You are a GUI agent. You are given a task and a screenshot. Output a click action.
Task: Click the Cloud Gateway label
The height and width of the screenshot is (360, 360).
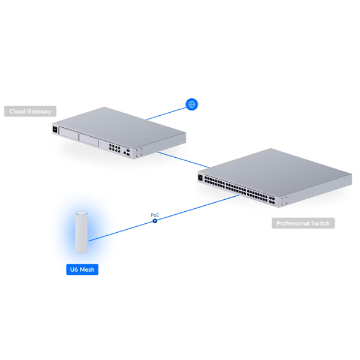(x=30, y=112)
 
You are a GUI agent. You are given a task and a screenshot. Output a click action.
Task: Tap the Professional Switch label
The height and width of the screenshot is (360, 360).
(x=303, y=223)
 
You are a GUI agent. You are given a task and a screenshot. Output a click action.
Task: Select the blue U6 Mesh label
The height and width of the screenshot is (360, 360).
(x=82, y=269)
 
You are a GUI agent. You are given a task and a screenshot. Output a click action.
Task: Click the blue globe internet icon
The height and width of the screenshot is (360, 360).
(x=192, y=104)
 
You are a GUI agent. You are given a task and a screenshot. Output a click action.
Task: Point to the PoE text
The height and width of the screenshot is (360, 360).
(x=155, y=215)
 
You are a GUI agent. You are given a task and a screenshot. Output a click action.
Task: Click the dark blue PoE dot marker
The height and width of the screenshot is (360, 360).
(x=155, y=221)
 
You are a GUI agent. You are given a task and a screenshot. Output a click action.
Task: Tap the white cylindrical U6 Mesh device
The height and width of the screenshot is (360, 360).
(x=82, y=233)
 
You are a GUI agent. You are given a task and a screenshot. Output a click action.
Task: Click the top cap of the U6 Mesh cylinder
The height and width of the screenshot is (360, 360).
(x=82, y=214)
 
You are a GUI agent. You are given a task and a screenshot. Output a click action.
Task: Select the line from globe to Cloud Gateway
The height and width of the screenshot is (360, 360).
(x=166, y=113)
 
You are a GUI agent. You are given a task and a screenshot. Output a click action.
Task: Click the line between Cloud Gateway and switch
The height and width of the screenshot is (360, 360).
(x=183, y=160)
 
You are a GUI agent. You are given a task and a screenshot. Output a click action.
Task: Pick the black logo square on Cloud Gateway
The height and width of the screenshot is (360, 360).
(x=55, y=129)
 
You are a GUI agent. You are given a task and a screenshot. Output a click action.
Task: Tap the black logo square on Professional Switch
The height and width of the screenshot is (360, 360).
(x=200, y=178)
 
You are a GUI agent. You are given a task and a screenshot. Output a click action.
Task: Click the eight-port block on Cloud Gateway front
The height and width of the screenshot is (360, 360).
(x=115, y=148)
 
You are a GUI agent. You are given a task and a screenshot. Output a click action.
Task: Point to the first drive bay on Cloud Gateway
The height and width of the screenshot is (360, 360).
(x=68, y=133)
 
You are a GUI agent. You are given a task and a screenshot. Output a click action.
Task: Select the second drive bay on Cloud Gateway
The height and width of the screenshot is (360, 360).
(x=89, y=140)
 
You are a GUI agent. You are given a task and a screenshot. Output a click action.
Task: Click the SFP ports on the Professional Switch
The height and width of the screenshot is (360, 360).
(x=272, y=200)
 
